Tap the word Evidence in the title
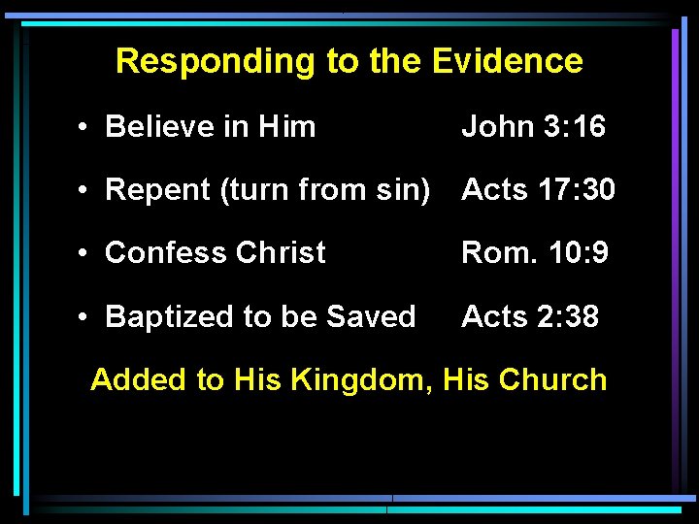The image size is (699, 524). (508, 61)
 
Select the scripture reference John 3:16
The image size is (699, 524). (533, 126)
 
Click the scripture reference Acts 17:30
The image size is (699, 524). (538, 189)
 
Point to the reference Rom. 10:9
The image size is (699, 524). (535, 253)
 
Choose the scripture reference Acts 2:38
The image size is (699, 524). (530, 316)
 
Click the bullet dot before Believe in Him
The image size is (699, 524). (86, 127)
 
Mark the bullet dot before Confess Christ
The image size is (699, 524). (86, 254)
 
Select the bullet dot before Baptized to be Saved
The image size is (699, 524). (86, 317)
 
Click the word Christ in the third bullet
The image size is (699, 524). (281, 253)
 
